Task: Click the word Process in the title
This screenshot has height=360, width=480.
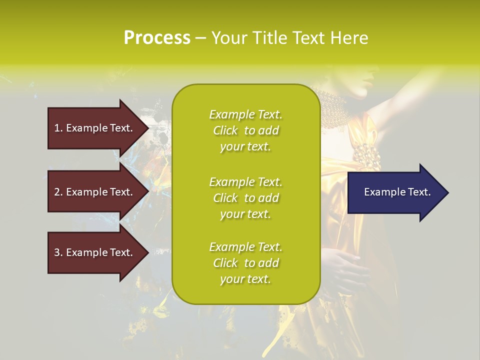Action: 157,37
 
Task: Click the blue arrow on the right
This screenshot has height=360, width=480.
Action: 395,192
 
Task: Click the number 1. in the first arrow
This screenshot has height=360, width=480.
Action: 58,128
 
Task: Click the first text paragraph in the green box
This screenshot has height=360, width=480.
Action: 245,130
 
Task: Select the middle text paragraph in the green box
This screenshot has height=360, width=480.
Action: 245,198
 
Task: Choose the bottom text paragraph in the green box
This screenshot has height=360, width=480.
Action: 245,263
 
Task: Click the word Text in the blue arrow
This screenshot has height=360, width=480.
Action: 419,192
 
